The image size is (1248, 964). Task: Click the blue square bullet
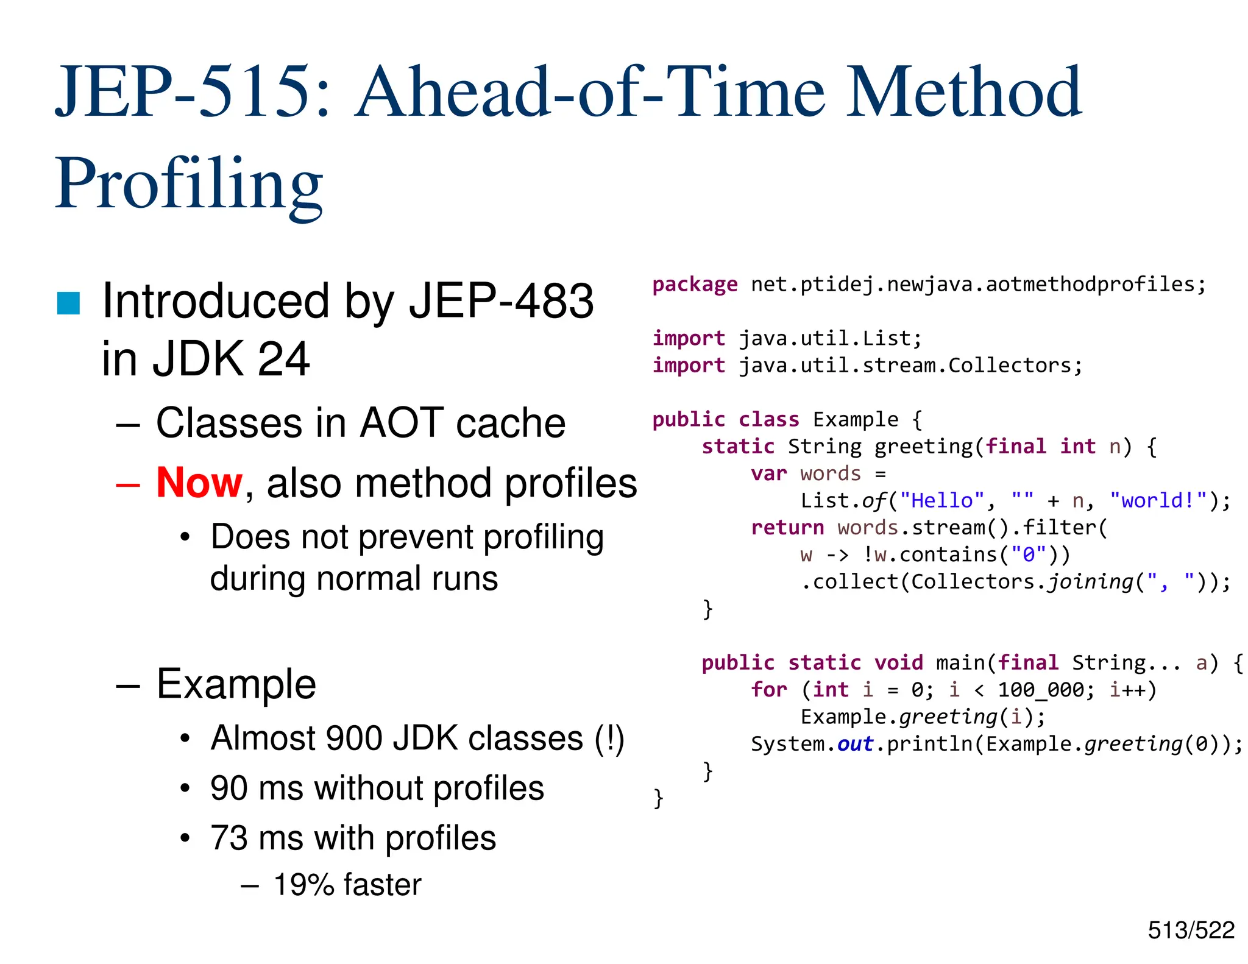(x=68, y=303)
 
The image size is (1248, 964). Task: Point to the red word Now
(x=199, y=483)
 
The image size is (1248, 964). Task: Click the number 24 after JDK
(x=284, y=359)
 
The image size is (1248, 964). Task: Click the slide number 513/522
(x=1191, y=930)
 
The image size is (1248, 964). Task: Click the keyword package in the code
(x=695, y=285)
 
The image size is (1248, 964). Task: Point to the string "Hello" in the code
(x=942, y=501)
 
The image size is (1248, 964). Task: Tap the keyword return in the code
(x=787, y=528)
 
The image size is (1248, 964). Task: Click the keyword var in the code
(x=769, y=473)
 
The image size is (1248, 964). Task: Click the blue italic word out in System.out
(x=856, y=744)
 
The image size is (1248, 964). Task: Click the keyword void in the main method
(x=899, y=663)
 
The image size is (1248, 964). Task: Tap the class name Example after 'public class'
(x=856, y=420)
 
